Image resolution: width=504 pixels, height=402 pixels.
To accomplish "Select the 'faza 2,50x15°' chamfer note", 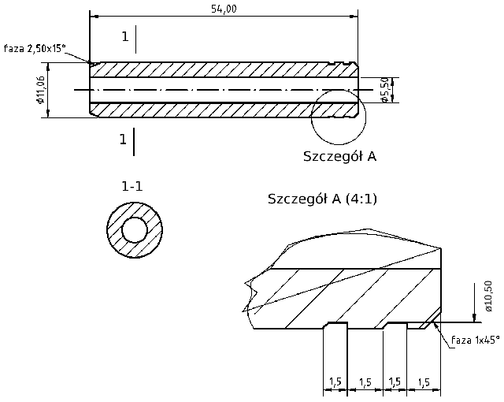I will pyautogui.click(x=34, y=48).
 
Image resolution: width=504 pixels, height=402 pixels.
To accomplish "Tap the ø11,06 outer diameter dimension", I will pyautogui.click(x=39, y=93).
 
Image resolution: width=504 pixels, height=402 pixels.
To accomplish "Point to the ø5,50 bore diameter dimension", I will pyautogui.click(x=384, y=90).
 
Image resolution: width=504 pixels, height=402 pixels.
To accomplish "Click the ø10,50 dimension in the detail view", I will pyautogui.click(x=488, y=297).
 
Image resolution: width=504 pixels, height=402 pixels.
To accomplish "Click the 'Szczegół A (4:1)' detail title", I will pyautogui.click(x=323, y=198).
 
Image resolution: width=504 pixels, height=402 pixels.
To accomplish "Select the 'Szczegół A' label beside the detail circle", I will pyautogui.click(x=339, y=156).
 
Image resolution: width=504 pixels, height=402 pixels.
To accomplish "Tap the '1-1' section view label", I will pyautogui.click(x=132, y=186).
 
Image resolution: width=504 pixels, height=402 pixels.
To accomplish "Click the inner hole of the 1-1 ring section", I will pyautogui.click(x=135, y=230).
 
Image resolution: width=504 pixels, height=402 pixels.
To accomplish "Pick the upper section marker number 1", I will pyautogui.click(x=124, y=36).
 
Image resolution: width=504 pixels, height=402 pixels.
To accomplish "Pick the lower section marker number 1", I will pyautogui.click(x=123, y=140).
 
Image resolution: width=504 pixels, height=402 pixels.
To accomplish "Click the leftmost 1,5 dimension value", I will pyautogui.click(x=335, y=382).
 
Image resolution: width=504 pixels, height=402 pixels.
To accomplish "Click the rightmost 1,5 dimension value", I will pyautogui.click(x=423, y=382).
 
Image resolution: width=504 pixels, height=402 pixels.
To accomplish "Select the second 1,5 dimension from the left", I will pyautogui.click(x=365, y=382).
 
